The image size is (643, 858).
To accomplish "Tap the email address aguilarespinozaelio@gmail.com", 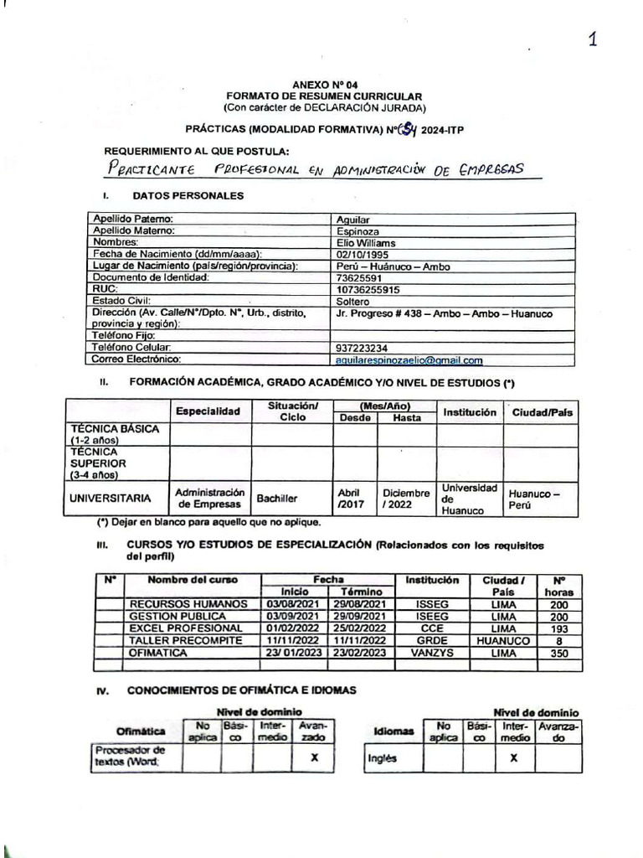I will [x=409, y=360].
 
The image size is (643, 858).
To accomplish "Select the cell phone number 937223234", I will [x=362, y=348].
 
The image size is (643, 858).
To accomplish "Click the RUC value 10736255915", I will [x=367, y=289].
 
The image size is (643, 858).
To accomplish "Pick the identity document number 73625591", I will [x=358, y=277].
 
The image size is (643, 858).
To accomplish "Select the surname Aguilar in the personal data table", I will [x=352, y=219].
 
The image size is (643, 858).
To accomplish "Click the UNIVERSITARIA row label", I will [x=111, y=498].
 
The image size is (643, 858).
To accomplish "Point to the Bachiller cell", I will [x=277, y=498].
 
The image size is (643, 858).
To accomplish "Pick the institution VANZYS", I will [x=431, y=652].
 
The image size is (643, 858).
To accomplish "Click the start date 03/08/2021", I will [x=289, y=604].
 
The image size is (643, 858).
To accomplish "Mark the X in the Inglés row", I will [x=513, y=757].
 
